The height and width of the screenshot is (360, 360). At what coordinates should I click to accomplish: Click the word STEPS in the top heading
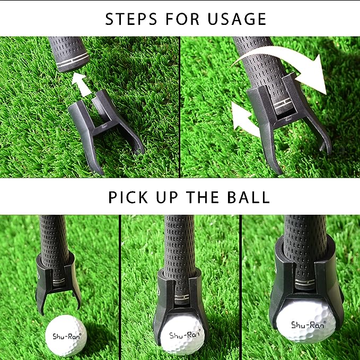point(131,19)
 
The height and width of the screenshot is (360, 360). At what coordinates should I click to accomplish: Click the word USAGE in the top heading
point(237,19)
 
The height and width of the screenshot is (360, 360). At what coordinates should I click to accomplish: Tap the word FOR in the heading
point(182,19)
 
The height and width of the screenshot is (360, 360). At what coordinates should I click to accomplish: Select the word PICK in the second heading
point(128,197)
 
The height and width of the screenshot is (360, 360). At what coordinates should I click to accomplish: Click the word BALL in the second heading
point(249,197)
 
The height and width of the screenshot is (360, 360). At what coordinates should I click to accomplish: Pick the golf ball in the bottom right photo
point(306,321)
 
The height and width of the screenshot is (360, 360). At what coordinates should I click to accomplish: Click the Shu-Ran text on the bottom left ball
point(67,336)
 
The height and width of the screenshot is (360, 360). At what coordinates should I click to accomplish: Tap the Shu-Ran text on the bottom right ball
point(309,324)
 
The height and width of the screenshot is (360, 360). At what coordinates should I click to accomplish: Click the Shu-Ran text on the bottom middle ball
point(185,334)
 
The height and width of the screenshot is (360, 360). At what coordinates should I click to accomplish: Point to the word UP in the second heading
point(167,197)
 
